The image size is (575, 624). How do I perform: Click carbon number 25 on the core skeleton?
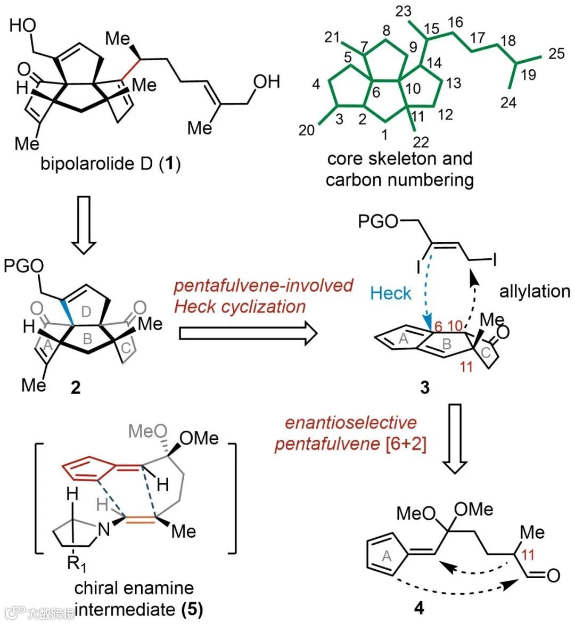[x=556, y=54]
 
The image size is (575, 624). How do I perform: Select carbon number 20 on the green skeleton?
[x=307, y=130]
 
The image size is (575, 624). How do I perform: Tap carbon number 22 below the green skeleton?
[x=420, y=142]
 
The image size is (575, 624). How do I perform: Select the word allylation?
[x=535, y=291]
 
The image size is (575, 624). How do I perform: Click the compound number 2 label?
[x=75, y=388]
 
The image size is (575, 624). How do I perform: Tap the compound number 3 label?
[x=424, y=388]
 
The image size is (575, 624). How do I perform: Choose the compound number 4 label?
[x=419, y=607]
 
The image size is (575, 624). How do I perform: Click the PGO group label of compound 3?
[x=377, y=222]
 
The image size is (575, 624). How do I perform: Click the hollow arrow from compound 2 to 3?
[x=248, y=334]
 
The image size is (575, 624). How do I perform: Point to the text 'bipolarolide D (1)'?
[x=110, y=163]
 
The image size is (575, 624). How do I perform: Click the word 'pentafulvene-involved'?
[x=264, y=285]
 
